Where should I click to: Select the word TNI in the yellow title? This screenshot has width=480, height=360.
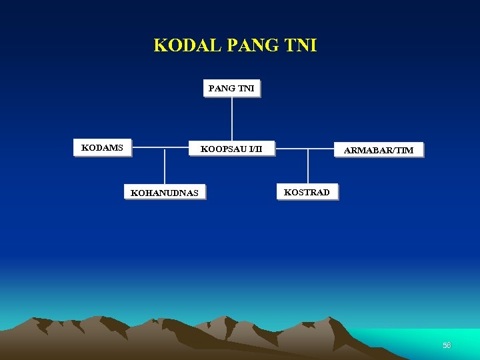coord(301,45)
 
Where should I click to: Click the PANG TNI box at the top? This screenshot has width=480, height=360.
coord(231,88)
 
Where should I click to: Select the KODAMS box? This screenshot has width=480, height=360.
coord(102,147)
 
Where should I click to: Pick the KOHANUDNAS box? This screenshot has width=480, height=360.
coord(164,192)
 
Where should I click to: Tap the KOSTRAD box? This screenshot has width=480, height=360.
coord(307,192)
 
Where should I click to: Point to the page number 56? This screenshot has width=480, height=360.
coord(447,345)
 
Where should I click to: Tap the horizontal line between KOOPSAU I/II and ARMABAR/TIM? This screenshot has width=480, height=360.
coord(303,148)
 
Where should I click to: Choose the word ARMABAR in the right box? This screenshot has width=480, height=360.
coord(369,150)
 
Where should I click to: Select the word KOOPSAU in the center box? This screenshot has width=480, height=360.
coord(223,148)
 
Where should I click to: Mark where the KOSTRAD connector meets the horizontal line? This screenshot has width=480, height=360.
coord(307,148)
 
